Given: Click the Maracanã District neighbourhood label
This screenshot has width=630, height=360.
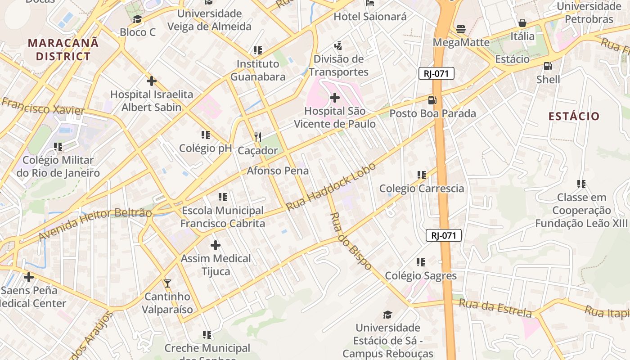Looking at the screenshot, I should click(63, 49).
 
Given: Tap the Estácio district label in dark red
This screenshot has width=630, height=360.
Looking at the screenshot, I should click(574, 116).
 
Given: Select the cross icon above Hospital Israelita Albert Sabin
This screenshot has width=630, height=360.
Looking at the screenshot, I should click(152, 81).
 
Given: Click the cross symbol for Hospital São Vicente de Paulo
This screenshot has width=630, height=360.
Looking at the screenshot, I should click(335, 97).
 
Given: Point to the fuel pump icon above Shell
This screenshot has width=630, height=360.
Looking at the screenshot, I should click(548, 66).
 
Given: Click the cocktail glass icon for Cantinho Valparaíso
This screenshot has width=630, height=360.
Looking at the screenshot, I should click(167, 283).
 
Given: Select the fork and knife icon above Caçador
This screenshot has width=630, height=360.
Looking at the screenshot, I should click(258, 137).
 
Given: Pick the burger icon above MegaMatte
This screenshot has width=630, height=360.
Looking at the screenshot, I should click(460, 29).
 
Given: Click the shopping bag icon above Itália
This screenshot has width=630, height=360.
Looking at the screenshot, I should click(522, 23).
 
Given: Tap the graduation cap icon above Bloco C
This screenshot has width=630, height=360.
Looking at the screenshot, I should click(137, 19).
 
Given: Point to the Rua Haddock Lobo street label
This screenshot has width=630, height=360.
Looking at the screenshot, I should click(331, 186).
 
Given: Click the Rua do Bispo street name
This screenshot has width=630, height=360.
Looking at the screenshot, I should click(351, 241).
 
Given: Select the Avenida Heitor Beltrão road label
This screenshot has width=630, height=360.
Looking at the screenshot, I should click(95, 225).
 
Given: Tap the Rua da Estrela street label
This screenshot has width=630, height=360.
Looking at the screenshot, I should click(495, 308).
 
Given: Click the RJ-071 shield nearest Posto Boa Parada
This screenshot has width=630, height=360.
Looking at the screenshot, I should click(436, 73).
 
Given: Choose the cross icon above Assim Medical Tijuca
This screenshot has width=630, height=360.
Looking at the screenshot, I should click(216, 245).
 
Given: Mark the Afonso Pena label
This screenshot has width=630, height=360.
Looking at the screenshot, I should click(278, 171).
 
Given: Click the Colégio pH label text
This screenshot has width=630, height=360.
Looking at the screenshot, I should click(205, 148).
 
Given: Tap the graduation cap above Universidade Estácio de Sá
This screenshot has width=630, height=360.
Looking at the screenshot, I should click(387, 315).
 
